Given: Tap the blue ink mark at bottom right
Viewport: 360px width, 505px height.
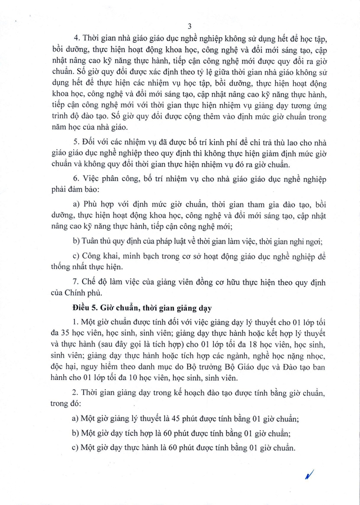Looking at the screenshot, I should point(308,475).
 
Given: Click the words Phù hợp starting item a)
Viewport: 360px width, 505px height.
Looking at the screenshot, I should point(101,203).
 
